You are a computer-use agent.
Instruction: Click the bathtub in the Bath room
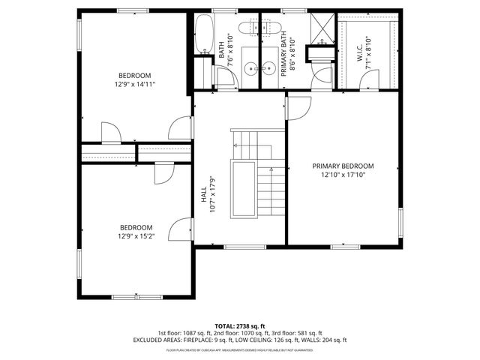[203, 34]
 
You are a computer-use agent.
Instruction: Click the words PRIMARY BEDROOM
[343, 166]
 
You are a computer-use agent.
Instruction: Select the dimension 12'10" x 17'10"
[343, 175]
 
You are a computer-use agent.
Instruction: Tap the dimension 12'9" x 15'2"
[136, 236]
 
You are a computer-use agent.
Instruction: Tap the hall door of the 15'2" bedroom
[180, 229]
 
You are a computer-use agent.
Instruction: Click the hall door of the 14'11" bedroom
[181, 129]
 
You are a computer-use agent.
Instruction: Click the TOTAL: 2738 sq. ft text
[240, 325]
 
